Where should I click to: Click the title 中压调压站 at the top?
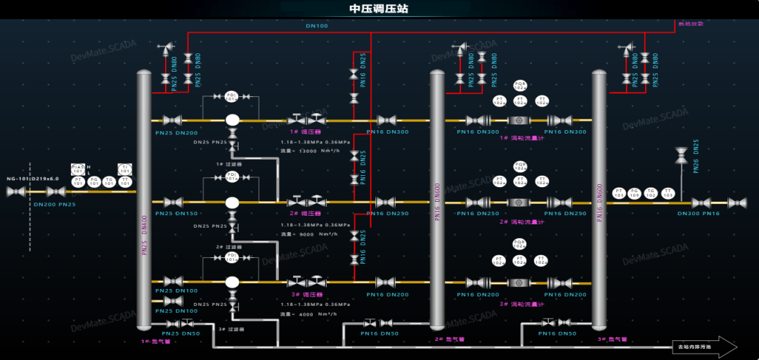pos(379,9)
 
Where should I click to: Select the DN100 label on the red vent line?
pos(316,26)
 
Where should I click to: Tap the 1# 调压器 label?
pos(306,131)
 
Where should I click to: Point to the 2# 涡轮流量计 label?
pos(522,221)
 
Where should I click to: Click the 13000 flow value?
pos(308,150)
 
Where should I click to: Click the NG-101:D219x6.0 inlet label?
pos(33,179)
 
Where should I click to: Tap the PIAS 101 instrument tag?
pos(77,169)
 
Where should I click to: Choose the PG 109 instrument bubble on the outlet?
pos(635,193)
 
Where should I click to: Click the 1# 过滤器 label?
pos(229,164)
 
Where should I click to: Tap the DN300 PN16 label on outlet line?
pos(699,213)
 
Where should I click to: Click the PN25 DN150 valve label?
pos(176,213)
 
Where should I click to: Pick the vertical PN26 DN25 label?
pos(696,156)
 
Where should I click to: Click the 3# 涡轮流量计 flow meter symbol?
pos(519,283)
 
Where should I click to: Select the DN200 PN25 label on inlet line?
pos(55,204)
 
